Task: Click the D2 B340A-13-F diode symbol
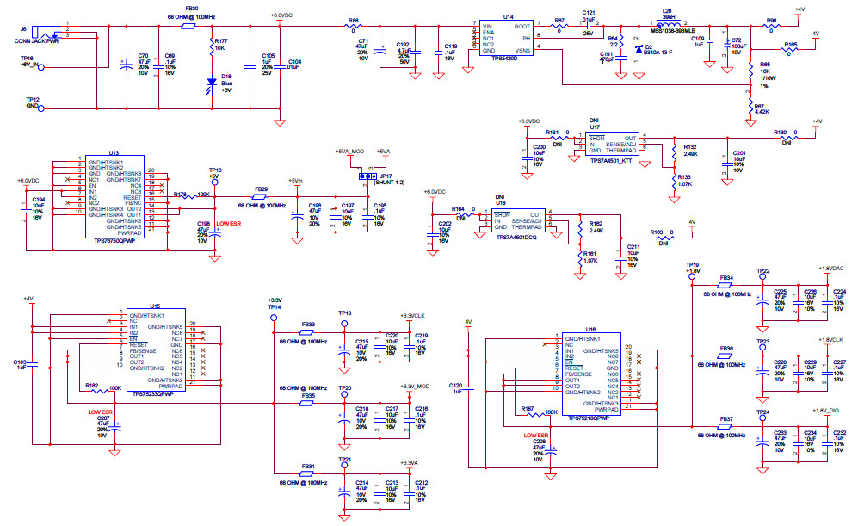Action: pos(637,47)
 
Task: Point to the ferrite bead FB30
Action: pos(189,26)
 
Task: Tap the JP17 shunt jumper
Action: pos(367,176)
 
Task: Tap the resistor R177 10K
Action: pos(212,48)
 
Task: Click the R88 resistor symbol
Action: pos(353,27)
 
